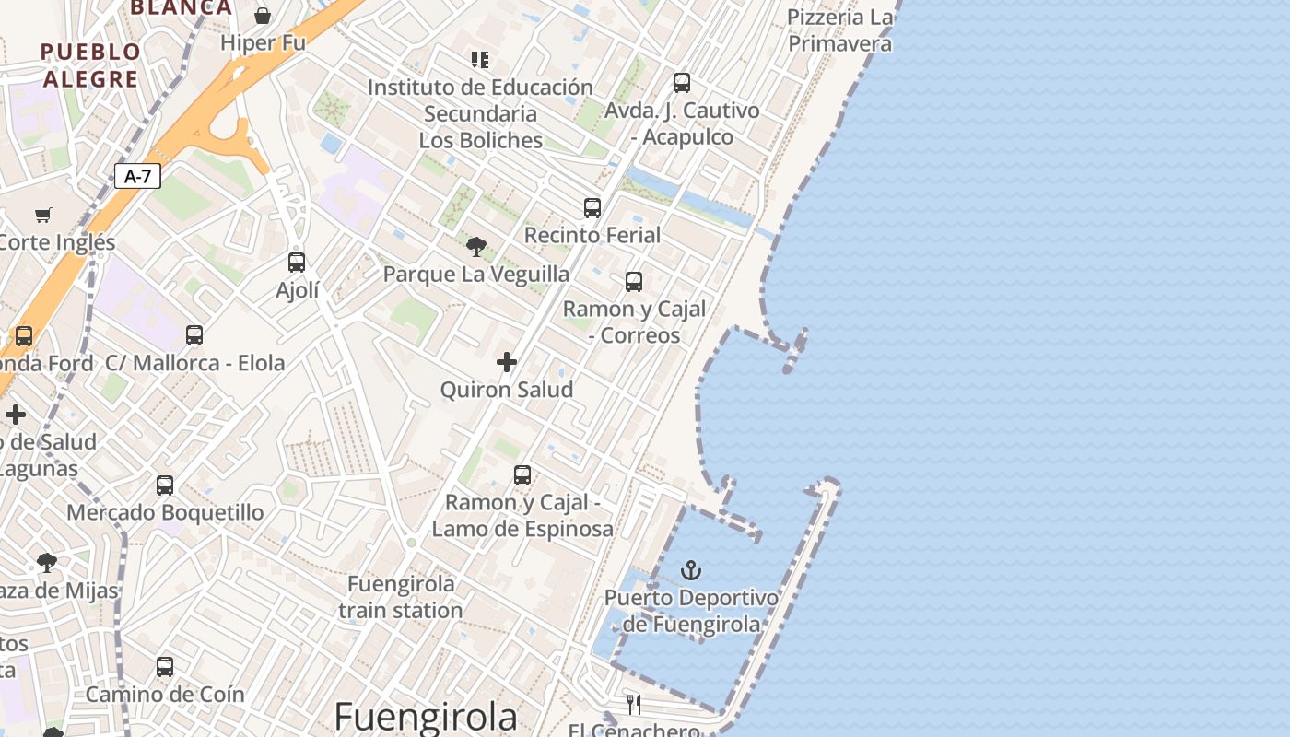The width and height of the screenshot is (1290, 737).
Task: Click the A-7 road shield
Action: click(x=137, y=176)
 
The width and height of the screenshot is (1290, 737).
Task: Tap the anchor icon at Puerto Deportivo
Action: click(x=691, y=571)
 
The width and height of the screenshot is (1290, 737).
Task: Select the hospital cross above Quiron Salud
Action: click(x=507, y=362)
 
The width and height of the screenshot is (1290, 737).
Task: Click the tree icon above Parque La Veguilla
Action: click(x=476, y=246)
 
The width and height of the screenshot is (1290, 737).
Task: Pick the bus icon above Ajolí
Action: click(x=297, y=263)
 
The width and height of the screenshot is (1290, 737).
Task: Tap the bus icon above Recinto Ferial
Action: click(x=592, y=208)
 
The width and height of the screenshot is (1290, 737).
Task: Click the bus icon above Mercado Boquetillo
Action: click(x=165, y=485)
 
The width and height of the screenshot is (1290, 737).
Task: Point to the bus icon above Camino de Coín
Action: click(x=165, y=666)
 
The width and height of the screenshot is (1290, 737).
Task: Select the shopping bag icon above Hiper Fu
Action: click(x=263, y=16)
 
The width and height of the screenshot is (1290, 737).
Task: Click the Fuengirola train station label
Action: click(x=401, y=597)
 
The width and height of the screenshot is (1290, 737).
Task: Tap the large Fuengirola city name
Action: click(x=426, y=717)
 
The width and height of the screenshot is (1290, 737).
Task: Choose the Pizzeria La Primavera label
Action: click(x=840, y=30)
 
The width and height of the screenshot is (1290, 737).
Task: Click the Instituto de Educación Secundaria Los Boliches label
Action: click(x=480, y=113)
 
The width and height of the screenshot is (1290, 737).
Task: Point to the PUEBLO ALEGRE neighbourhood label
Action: click(x=90, y=65)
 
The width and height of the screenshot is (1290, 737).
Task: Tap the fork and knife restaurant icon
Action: click(x=634, y=705)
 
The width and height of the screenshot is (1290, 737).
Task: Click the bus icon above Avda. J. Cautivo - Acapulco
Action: click(x=682, y=83)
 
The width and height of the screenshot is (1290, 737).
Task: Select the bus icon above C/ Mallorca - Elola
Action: click(x=194, y=335)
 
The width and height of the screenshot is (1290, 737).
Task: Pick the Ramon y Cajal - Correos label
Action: click(x=634, y=322)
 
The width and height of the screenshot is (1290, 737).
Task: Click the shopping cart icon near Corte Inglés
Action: click(x=43, y=216)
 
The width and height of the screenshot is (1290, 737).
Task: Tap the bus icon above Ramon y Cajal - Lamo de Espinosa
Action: click(x=522, y=475)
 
